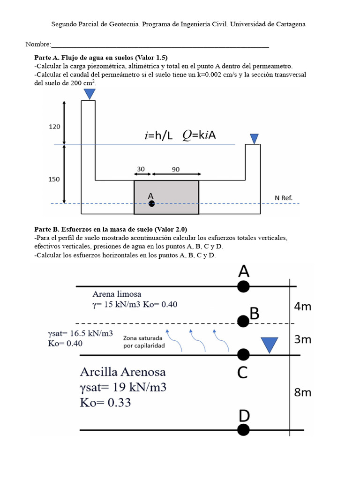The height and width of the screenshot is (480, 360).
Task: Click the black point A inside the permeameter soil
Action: [151, 203]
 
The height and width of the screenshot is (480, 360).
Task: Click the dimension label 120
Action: [54, 127]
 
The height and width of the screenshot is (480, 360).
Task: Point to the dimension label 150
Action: [54, 179]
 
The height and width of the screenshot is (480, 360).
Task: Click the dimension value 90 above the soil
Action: [175, 170]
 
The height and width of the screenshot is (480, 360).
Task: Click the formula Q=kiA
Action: [199, 135]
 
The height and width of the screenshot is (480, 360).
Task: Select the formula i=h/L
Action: [158, 135]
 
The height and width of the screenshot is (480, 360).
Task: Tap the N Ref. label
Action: [284, 198]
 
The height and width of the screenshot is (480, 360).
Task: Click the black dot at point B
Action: [243, 321]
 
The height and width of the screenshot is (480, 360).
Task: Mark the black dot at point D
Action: [243, 429]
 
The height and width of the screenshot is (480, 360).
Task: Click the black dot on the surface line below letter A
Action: [243, 286]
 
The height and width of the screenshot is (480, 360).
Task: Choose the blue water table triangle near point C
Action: [269, 345]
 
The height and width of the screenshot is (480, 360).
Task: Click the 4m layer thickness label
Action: [302, 307]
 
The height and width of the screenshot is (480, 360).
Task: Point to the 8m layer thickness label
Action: [302, 393]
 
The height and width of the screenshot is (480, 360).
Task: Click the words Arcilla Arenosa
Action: [123, 372]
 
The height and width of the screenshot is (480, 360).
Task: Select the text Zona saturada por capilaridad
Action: [143, 341]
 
